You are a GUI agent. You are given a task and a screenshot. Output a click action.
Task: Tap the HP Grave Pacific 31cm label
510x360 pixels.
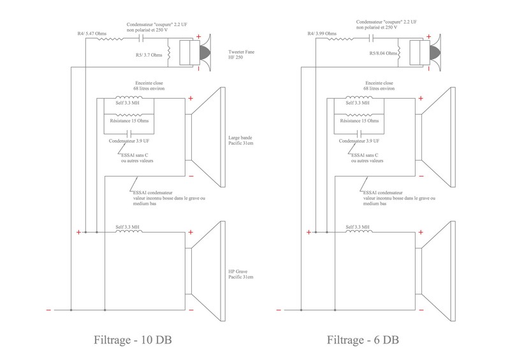(241, 275)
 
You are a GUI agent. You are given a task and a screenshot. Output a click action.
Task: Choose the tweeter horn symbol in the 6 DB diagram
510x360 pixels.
(434, 52)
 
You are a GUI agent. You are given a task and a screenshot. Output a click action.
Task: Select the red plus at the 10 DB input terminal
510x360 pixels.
(78, 233)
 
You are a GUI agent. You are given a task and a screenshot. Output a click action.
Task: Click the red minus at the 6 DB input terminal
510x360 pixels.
(278, 310)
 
